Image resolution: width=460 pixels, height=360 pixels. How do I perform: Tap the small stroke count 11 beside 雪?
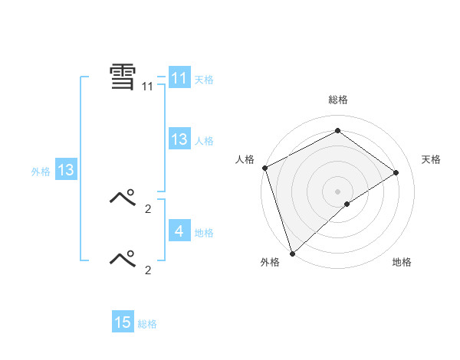coord(147,87)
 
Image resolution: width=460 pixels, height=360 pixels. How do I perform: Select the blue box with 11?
coord(179,78)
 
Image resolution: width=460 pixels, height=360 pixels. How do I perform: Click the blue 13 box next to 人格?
coord(179,139)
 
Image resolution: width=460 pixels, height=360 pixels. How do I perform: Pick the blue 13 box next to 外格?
coord(65,170)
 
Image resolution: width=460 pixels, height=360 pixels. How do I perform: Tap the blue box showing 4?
coord(179,231)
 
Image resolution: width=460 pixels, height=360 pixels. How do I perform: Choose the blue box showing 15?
coord(123,322)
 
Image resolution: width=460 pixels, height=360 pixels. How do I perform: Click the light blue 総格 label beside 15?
coord(147,324)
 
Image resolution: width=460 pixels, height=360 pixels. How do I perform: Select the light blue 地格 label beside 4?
coord(204,233)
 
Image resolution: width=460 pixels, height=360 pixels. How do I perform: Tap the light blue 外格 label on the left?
coord(41,172)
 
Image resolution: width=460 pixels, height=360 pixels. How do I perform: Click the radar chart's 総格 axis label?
coord(337,100)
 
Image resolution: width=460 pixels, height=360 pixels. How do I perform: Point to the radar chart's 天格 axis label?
coord(431,159)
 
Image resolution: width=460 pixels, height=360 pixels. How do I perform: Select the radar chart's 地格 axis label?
coord(402,262)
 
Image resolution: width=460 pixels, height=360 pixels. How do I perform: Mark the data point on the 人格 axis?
coord(264,168)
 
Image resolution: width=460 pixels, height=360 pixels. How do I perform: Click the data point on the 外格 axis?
coord(292,253)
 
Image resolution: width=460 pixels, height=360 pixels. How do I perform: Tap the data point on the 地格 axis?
coord(347,204)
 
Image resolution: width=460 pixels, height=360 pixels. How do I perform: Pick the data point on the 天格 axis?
coord(396,172)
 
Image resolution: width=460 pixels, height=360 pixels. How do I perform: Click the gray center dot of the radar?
coord(337,191)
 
